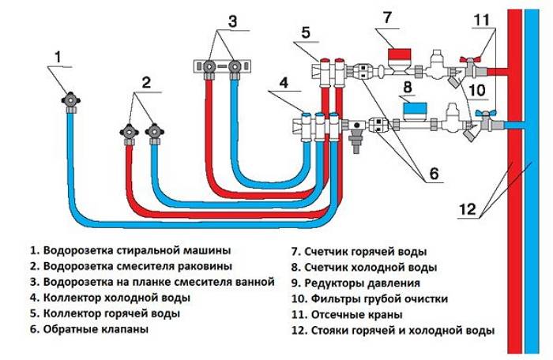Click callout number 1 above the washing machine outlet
coord(57,56)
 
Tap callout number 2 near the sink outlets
coord(145,81)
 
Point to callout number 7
coord(386,17)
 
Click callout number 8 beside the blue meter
coord(408,85)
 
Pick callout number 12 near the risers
coord(468,208)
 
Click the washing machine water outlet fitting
coord(71,100)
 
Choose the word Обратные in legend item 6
coord(66,329)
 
